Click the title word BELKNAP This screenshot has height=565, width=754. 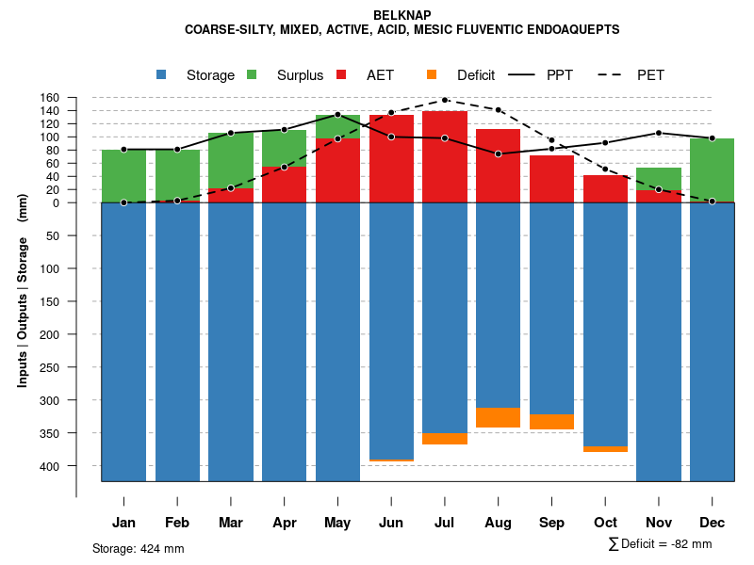tap(402, 15)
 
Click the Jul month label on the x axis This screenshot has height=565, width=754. tap(445, 523)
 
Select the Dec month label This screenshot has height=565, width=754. tap(712, 523)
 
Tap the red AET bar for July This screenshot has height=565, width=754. tap(445, 156)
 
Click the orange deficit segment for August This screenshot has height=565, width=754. tap(499, 417)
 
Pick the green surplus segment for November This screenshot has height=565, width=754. tap(659, 179)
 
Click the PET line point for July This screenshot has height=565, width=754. tap(445, 100)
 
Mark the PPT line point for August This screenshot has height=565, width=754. tap(499, 153)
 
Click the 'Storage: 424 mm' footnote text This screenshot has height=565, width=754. tap(138, 548)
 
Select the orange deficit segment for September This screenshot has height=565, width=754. tap(551, 422)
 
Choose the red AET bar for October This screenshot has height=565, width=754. tap(605, 188)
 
